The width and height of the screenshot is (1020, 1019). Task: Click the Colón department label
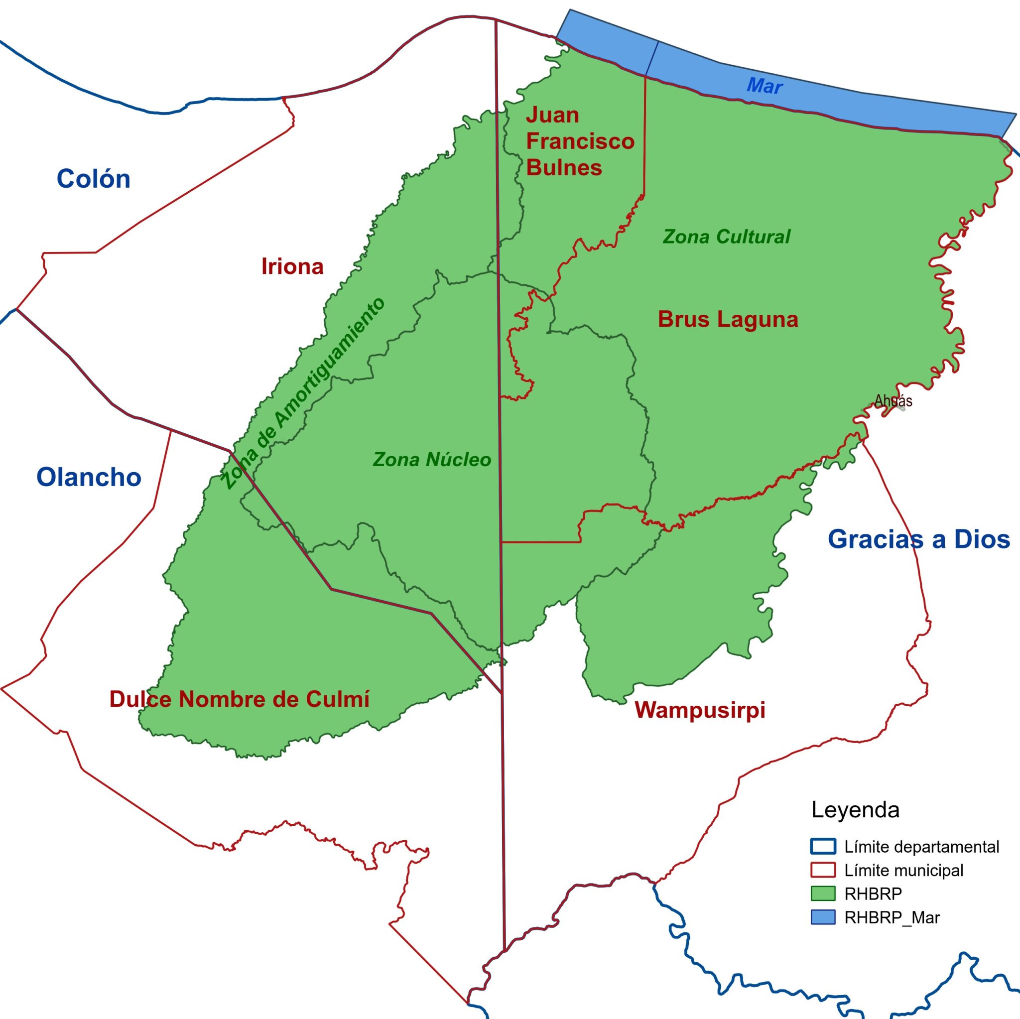point(94,179)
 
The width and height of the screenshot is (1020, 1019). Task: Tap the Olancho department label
point(89,477)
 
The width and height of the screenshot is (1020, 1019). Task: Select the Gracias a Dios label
point(918,539)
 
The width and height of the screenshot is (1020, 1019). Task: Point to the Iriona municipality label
point(292,266)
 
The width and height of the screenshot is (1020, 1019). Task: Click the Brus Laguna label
point(728,319)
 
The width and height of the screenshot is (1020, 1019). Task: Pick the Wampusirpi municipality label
point(700,710)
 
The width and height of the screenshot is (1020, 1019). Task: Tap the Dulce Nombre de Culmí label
point(239,699)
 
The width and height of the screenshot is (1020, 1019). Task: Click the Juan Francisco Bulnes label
point(580,141)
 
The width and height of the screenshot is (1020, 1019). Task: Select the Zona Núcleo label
point(432,459)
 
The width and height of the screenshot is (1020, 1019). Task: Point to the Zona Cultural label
point(727,237)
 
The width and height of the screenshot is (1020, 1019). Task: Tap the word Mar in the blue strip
point(765,86)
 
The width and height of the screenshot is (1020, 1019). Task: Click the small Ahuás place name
point(893,401)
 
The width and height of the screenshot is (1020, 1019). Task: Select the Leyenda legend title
point(855,810)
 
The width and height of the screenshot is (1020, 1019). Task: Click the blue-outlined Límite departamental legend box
point(823,847)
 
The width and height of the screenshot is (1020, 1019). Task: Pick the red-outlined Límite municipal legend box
point(823,870)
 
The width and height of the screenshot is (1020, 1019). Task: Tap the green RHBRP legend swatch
point(823,893)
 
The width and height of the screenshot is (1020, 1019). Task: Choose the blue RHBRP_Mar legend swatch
point(823,917)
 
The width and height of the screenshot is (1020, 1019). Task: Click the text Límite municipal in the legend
point(904,870)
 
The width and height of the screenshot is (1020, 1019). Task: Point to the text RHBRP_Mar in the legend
point(892,917)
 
